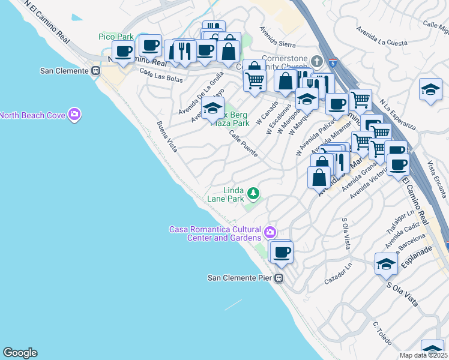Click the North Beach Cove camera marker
pos(74,115)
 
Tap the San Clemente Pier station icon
pos(279,278)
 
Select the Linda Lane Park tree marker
pos(254,193)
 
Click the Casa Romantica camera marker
pos(270,232)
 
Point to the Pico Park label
pos(116,37)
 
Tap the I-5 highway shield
pos(332,62)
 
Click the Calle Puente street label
pos(243,145)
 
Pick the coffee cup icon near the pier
pos(281,252)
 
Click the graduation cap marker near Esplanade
pos(386,264)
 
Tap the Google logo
pos(20,353)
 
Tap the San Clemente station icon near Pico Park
pos(95,70)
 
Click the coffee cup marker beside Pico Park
pos(124,52)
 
